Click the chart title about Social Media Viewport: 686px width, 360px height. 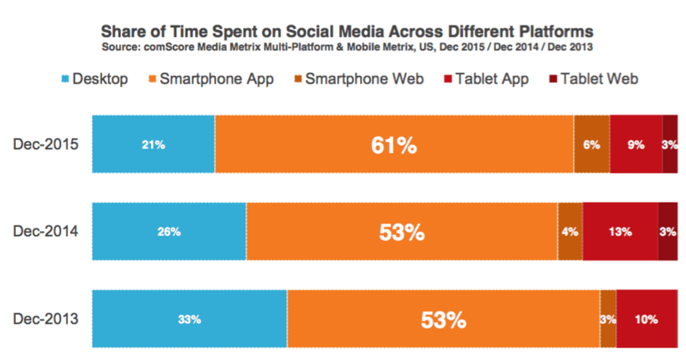coord(347,32)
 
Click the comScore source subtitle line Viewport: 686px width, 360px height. coord(347,47)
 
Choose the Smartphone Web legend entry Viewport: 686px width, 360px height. coord(357,79)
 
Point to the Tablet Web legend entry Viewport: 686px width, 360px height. coord(593,79)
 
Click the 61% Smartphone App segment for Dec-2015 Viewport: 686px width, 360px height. coord(394,145)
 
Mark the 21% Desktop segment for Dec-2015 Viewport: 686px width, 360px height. coord(154,145)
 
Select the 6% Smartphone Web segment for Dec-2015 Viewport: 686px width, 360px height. coord(592,145)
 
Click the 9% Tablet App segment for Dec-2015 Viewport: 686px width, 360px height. coord(636,145)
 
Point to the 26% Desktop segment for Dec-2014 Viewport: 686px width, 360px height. coord(169,232)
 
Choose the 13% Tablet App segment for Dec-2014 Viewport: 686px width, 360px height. coord(619,232)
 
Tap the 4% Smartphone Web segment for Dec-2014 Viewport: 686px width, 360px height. coord(570,232)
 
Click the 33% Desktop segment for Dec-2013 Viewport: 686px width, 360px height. coord(189,319)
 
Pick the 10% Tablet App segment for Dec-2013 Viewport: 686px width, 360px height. coord(646,319)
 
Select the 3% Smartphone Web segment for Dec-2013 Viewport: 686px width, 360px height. coord(608,319)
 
